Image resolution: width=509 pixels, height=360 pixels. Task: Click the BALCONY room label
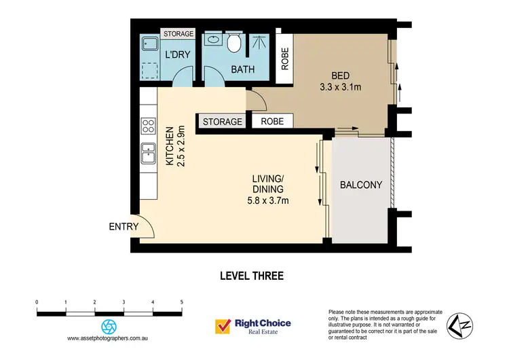tap(361, 185)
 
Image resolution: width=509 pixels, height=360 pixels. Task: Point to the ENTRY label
tap(124, 227)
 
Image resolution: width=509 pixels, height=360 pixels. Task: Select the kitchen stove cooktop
tap(147, 126)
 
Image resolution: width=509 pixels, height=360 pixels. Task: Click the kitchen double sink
tap(147, 154)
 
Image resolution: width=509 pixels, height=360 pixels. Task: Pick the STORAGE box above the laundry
tap(178, 33)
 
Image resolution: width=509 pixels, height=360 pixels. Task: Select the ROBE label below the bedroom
tap(272, 122)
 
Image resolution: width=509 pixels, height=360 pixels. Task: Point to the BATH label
tap(242, 69)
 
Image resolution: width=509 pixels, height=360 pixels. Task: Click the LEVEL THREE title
tap(251, 276)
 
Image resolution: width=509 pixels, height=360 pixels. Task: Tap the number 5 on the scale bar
tap(181, 302)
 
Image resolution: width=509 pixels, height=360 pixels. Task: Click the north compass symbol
tap(458, 324)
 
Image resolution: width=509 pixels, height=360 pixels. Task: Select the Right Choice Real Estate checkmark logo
tap(221, 327)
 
